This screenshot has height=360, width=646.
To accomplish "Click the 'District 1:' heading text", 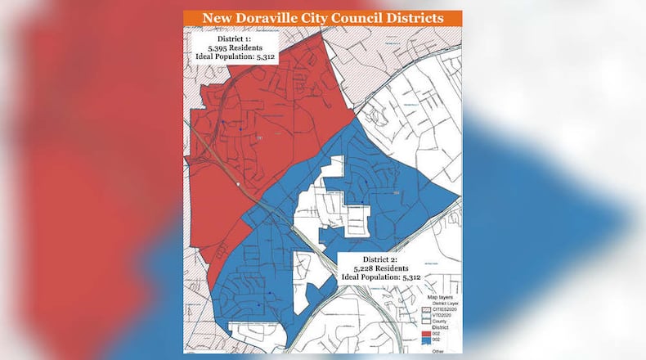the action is pyautogui.click(x=236, y=38).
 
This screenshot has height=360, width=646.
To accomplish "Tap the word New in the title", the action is pyautogui.click(x=213, y=18).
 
